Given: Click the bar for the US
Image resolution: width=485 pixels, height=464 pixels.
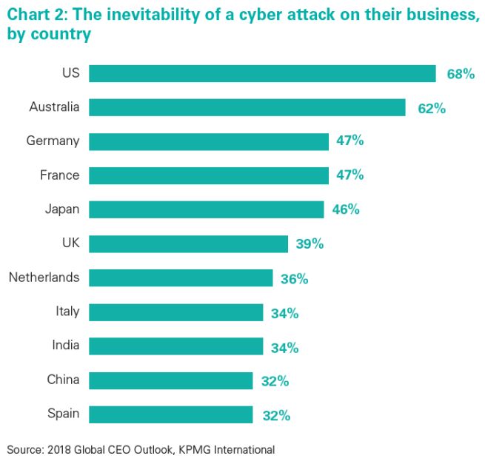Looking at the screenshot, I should (262, 73).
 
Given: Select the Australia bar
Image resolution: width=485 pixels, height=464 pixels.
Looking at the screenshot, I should (247, 107).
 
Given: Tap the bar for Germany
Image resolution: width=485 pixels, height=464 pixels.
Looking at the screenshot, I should (209, 141).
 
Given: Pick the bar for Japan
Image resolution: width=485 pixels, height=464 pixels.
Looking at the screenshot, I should (207, 209).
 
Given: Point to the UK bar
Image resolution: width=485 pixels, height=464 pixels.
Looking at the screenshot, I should (189, 243).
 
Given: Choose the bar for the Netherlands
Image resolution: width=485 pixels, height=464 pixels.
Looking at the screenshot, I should (181, 278).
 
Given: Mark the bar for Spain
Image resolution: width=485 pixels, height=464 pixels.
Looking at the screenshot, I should (171, 414).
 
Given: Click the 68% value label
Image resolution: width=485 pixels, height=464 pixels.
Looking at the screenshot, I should (461, 74).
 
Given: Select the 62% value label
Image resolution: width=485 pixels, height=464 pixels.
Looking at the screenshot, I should (431, 108).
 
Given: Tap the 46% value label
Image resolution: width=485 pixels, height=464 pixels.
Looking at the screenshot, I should (345, 209).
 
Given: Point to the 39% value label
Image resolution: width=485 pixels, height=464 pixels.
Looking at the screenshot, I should (310, 243).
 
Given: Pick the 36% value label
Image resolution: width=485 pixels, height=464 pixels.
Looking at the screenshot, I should (294, 278).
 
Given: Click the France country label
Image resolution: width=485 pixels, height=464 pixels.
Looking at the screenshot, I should (59, 175).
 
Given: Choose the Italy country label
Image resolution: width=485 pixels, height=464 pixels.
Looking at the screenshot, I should (67, 312).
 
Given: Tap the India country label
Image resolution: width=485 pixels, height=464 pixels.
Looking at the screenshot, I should (64, 346).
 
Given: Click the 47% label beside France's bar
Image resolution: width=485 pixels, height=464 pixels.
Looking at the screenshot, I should (349, 175).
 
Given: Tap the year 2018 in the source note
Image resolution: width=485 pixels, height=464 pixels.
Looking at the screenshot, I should (61, 449).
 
